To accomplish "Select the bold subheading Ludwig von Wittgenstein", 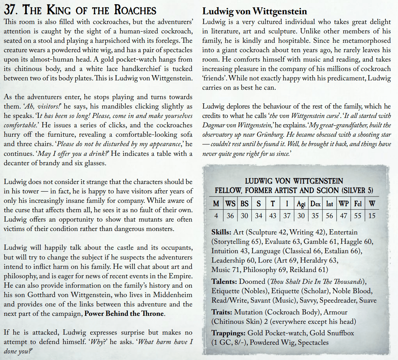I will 255,12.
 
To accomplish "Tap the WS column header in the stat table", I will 230,204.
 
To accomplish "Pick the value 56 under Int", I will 329,216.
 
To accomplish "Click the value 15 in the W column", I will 372,216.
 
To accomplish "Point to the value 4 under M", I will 216,216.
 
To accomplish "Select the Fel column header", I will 358,204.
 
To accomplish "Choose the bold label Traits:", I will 222,312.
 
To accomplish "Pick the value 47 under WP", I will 343,216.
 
